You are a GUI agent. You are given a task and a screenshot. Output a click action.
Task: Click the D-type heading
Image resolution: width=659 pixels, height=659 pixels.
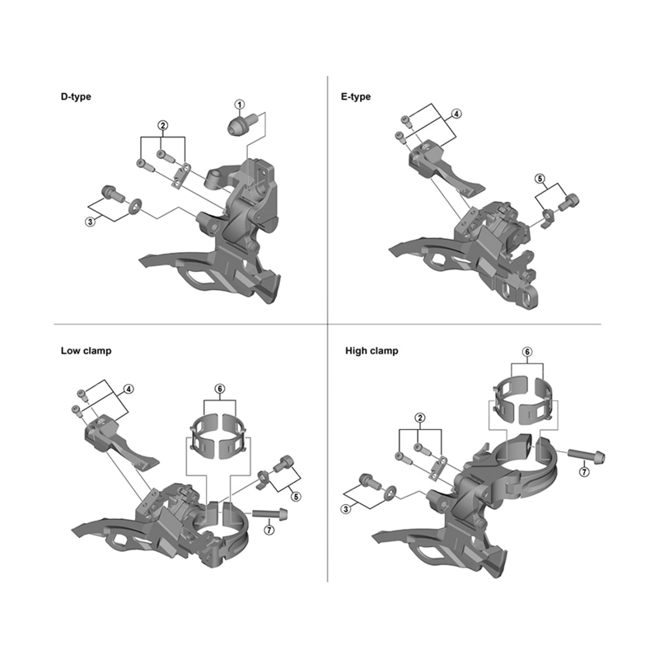pyautogui.click(x=76, y=96)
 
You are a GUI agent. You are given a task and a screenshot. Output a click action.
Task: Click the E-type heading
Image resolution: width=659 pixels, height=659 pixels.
pyautogui.click(x=356, y=96)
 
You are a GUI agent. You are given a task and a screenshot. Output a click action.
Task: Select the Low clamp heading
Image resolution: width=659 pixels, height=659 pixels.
pyautogui.click(x=86, y=351)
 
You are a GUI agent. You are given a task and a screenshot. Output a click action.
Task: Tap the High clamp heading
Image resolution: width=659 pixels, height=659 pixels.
pyautogui.click(x=372, y=351)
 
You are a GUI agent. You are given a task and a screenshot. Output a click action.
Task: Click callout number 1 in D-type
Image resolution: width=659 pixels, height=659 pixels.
pyautogui.click(x=240, y=105)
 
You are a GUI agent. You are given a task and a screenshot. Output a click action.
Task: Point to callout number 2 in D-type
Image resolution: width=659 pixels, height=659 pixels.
pyautogui.click(x=162, y=125)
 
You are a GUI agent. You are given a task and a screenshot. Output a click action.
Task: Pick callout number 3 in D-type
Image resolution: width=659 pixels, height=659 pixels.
pyautogui.click(x=91, y=222)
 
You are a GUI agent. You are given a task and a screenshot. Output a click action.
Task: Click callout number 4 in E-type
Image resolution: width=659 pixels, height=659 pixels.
pyautogui.click(x=456, y=114)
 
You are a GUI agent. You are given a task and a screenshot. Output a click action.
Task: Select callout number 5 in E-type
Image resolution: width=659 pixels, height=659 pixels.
pyautogui.click(x=540, y=179)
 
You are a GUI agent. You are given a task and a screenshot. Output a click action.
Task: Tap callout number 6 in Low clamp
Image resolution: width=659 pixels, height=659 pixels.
pyautogui.click(x=220, y=389)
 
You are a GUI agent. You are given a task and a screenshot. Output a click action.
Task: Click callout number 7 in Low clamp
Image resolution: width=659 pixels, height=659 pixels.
pyautogui.click(x=269, y=530)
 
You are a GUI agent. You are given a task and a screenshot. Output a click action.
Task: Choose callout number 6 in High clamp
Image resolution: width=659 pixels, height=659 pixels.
pyautogui.click(x=527, y=352)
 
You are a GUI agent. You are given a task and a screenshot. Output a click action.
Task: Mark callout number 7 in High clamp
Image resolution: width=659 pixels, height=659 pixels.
pyautogui.click(x=584, y=472)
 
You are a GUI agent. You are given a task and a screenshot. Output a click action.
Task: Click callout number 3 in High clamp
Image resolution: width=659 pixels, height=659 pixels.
pyautogui.click(x=346, y=509)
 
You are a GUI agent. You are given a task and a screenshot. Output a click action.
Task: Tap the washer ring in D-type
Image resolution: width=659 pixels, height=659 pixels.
pyautogui.click(x=135, y=206)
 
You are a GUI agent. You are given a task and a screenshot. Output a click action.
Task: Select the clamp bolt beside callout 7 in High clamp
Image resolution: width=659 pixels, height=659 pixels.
pyautogui.click(x=587, y=456)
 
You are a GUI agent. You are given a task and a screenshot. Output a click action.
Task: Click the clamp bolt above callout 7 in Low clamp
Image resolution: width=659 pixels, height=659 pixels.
pyautogui.click(x=270, y=513)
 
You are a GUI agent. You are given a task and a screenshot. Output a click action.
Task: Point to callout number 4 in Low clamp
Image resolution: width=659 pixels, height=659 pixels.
pyautogui.click(x=129, y=389)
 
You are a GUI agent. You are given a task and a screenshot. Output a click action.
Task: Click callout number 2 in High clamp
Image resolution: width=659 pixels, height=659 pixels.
pyautogui.click(x=419, y=418)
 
